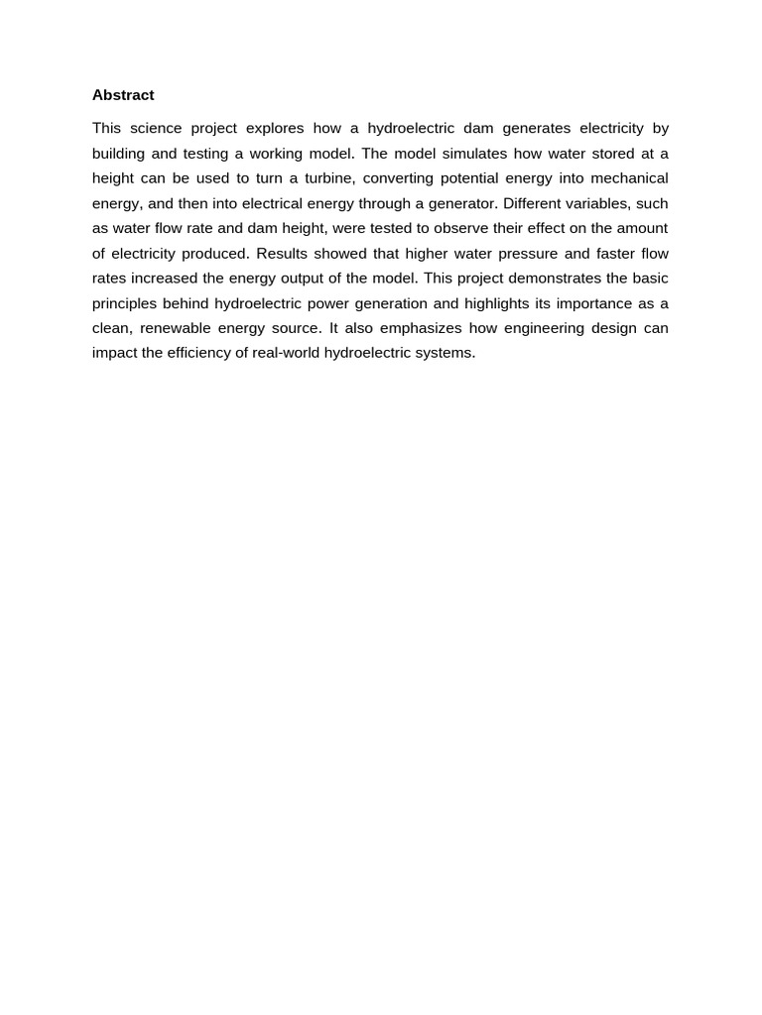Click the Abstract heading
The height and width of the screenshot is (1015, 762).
(x=123, y=95)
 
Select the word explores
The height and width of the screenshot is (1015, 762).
(x=275, y=128)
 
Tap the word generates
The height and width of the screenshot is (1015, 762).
(x=539, y=128)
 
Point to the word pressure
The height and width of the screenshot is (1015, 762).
(x=525, y=253)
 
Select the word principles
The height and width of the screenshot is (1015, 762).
(x=128, y=303)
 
